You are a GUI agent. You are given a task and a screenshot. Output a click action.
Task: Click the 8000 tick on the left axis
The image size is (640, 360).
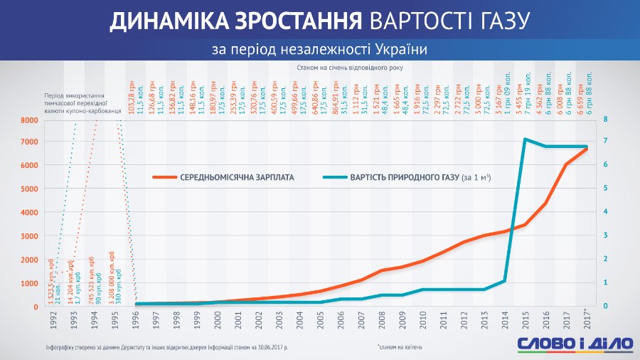(x=28, y=120)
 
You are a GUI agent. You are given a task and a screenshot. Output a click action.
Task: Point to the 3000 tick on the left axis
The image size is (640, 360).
(x=28, y=236)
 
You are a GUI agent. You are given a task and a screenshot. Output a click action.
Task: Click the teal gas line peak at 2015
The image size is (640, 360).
(x=525, y=139)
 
